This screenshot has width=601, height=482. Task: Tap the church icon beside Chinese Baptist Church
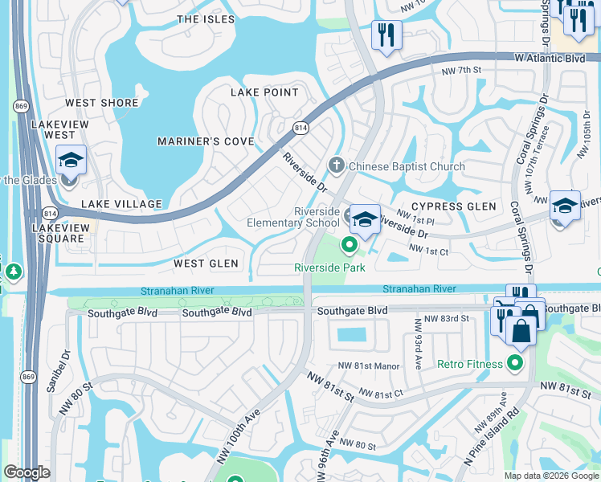(336, 166)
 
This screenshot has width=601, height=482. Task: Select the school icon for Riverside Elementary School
(365, 219)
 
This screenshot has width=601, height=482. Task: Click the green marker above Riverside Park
(350, 244)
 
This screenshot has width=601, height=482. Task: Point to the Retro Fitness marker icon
(515, 364)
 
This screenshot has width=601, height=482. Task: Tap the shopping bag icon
(521, 329)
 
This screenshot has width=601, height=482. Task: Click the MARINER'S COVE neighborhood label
(206, 142)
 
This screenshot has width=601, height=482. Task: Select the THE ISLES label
(206, 19)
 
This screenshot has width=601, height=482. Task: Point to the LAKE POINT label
(264, 92)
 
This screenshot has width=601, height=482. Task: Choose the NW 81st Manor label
(370, 366)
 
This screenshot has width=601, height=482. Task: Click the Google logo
(27, 472)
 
